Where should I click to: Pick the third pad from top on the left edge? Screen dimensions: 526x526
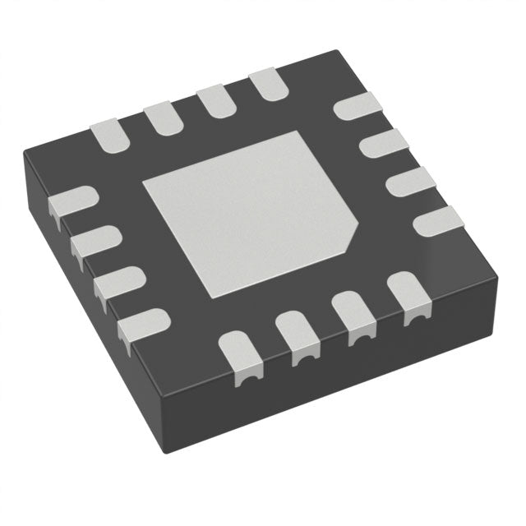point(116,285)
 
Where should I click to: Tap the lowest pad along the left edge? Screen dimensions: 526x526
point(140,327)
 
